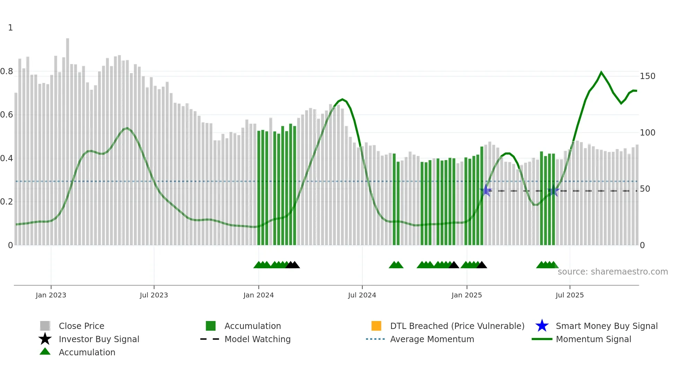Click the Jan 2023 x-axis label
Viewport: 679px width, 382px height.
coord(51,295)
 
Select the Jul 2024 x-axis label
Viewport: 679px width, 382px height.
coord(362,295)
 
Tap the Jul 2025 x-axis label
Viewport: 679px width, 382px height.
coord(569,295)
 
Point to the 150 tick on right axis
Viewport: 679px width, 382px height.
coord(647,76)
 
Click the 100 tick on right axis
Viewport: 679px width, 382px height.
coord(647,132)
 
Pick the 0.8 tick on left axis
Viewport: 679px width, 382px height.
coord(7,71)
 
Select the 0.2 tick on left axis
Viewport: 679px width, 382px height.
coord(7,202)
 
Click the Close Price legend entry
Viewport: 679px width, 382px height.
coord(81,326)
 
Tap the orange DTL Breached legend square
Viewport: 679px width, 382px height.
coord(376,326)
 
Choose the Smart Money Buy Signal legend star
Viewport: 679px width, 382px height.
coord(542,326)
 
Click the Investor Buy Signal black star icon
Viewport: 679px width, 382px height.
coord(45,339)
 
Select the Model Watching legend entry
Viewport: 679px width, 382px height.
coord(257,339)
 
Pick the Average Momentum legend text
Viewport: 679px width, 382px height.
coord(432,339)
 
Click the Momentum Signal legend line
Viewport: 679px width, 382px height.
coord(542,339)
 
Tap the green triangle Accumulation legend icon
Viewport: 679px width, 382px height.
coord(45,352)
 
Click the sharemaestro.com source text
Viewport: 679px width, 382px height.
coord(612,272)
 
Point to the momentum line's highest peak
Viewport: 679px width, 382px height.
coord(601,72)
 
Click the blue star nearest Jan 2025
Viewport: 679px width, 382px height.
coord(486,190)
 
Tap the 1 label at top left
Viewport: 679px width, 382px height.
coord(10,28)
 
